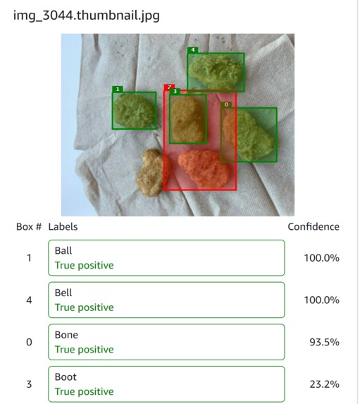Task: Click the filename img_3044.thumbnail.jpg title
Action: point(87,15)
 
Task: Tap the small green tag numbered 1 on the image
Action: point(118,89)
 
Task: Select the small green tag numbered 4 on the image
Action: point(192,50)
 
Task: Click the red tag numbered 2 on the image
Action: point(169,87)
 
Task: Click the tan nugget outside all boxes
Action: point(149,173)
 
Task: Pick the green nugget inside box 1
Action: point(135,111)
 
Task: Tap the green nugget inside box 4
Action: point(216,71)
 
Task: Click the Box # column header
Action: point(29,227)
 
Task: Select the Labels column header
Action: point(63,227)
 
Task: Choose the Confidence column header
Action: point(313,227)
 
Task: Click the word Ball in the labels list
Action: point(63,250)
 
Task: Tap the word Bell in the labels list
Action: point(63,293)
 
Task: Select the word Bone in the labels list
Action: point(66,335)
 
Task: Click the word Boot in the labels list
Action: point(66,377)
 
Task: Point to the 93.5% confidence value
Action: point(324,342)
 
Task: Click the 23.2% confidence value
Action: point(324,384)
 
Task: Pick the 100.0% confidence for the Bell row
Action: point(321,300)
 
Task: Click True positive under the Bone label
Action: point(84,350)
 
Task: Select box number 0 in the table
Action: point(29,342)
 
